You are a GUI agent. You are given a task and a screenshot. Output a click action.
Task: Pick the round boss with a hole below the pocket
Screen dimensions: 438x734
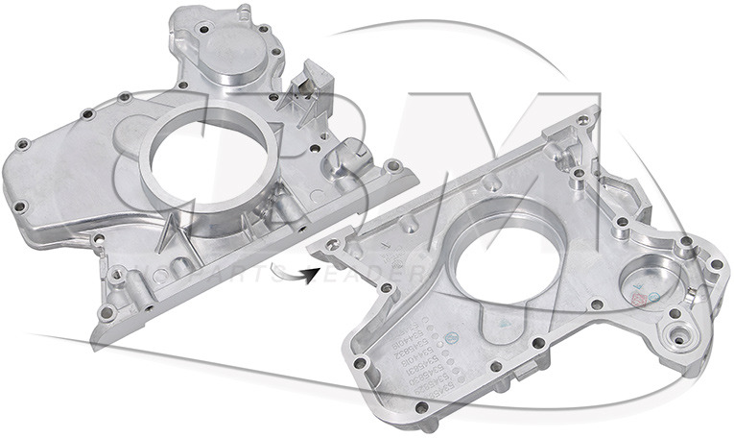[680, 340]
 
